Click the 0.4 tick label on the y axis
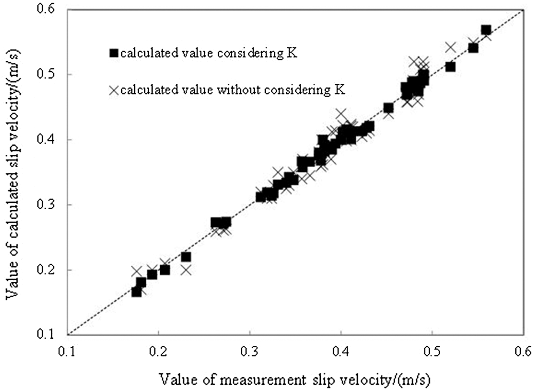(x=51, y=139)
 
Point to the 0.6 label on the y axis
(x=51, y=9)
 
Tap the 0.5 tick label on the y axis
(x=51, y=74)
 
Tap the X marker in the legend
(x=113, y=90)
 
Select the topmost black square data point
(x=486, y=30)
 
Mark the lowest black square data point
(x=137, y=291)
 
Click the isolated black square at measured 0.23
(x=186, y=257)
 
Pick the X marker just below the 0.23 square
(x=186, y=269)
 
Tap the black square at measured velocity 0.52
(x=450, y=67)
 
